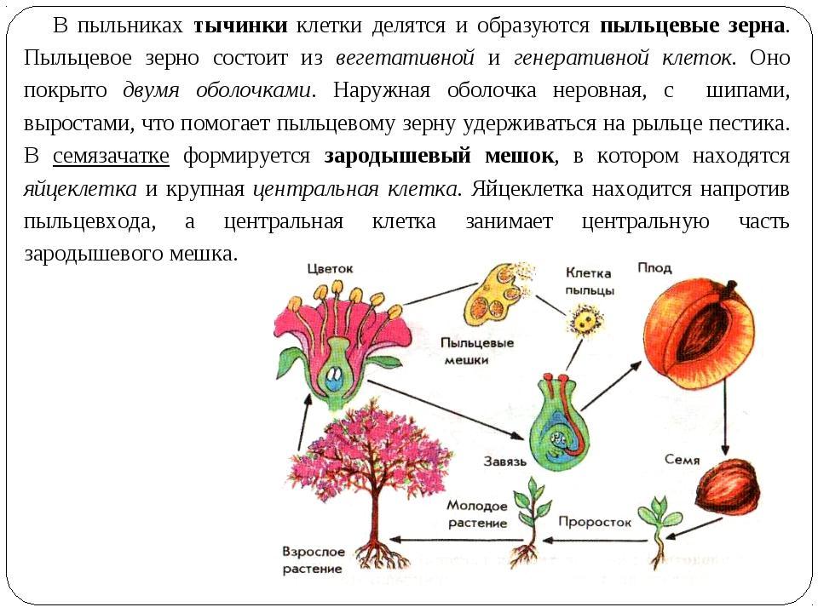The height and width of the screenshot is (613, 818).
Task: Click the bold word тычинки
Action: (x=240, y=25)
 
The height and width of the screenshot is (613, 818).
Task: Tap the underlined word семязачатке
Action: (x=111, y=156)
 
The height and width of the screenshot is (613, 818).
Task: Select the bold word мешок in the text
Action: (x=519, y=156)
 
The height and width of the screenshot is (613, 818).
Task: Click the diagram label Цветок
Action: (x=331, y=269)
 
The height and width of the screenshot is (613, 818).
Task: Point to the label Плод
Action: (x=654, y=268)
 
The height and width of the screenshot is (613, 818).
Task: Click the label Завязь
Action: (x=505, y=461)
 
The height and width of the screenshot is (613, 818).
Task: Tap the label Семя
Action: (x=682, y=460)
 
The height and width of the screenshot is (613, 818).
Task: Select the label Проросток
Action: (x=595, y=522)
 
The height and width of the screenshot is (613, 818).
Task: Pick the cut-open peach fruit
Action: (x=700, y=335)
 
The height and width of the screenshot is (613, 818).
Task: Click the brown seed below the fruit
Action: (x=727, y=487)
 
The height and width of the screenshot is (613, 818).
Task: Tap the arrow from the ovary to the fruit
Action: (x=611, y=386)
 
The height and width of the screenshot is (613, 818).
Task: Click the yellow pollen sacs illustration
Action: (x=494, y=294)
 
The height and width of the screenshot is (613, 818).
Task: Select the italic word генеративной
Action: (x=582, y=57)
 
